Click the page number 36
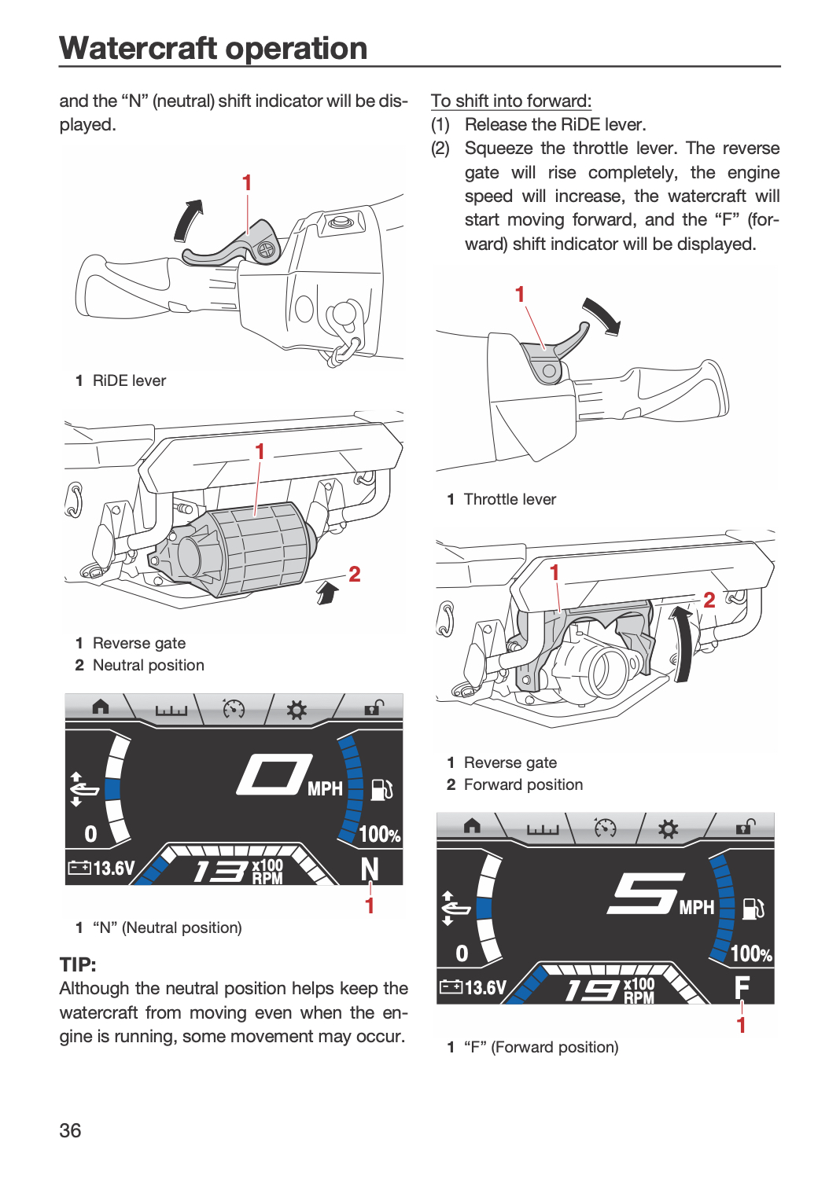coord(70,1130)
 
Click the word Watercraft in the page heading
coord(138,49)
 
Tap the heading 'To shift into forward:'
coord(511,101)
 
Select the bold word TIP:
coord(78,964)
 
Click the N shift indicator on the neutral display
coord(370,869)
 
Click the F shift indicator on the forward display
coord(742,988)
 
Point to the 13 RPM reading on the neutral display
coord(220,871)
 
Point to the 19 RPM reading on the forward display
coord(591,990)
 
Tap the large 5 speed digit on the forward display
coord(647,894)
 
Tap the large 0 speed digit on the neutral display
coord(274,774)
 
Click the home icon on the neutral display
coord(100,707)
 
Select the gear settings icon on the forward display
coord(668,830)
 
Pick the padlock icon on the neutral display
coord(374,707)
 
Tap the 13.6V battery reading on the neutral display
coord(101,868)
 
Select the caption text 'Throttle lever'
coord(510,499)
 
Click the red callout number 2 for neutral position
coord(355,575)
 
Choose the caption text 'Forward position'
coord(523,784)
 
